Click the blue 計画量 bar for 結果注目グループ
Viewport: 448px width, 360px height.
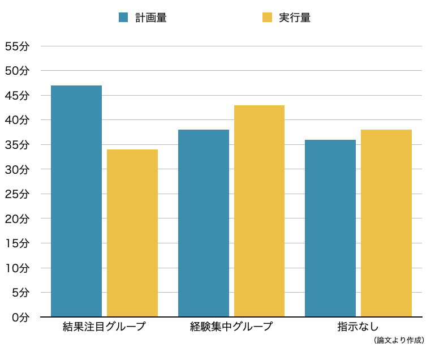click(76, 201)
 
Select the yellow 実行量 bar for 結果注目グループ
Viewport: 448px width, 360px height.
click(132, 233)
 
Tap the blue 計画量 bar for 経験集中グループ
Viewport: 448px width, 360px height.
click(204, 223)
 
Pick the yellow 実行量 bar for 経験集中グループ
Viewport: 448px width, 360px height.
click(259, 211)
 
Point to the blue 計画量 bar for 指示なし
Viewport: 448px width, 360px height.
click(330, 228)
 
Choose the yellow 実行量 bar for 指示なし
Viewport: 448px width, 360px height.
click(386, 223)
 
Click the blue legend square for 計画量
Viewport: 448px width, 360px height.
click(123, 18)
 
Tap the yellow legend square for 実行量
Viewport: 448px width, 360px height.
click(267, 18)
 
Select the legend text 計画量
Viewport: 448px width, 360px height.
click(150, 18)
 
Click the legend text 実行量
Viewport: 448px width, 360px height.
click(295, 18)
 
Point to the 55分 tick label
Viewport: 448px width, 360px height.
click(17, 46)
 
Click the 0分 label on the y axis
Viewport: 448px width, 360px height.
click(20, 318)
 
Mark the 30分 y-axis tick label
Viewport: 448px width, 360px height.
click(17, 169)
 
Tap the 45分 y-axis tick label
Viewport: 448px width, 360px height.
click(17, 96)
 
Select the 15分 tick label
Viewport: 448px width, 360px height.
click(17, 243)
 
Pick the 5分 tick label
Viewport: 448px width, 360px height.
click(20, 293)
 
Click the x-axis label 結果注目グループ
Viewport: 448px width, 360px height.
click(104, 327)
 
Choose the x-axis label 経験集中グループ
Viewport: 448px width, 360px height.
click(231, 327)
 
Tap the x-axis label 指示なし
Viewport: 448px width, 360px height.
click(358, 327)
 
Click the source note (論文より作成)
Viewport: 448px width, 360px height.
click(399, 340)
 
